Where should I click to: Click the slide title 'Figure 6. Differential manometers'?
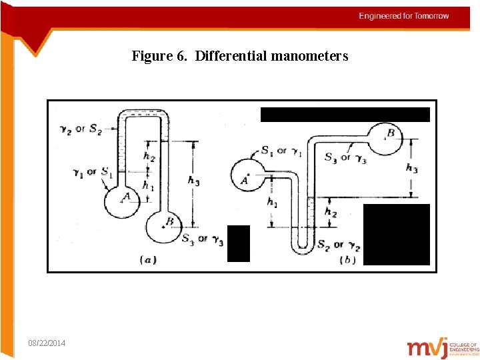coord(240,56)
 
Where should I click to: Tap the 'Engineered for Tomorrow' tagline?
coord(404,16)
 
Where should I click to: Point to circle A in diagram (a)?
coord(125,198)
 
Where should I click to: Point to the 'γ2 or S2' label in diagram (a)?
coord(77,129)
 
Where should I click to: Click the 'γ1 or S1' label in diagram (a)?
coord(92,172)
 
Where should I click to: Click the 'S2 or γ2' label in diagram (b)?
coord(339,246)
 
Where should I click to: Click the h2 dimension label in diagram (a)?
coord(150,156)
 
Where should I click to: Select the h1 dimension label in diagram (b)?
coord(272,202)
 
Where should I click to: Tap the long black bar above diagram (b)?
coord(345,114)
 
